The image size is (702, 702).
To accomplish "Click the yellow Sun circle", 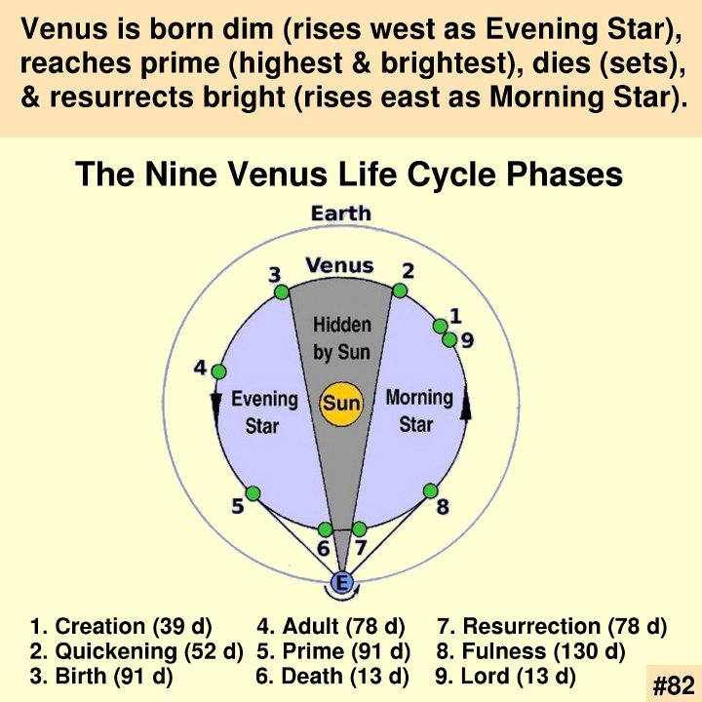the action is pyautogui.click(x=340, y=404).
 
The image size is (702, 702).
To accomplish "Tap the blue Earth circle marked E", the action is pyautogui.click(x=341, y=583).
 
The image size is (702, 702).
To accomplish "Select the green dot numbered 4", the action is pyautogui.click(x=218, y=371).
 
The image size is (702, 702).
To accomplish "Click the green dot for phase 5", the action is pyautogui.click(x=253, y=493).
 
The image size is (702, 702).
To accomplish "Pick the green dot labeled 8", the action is pyautogui.click(x=430, y=491).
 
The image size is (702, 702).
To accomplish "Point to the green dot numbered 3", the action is pyautogui.click(x=282, y=292).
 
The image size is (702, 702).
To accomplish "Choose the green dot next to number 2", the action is pyautogui.click(x=400, y=291).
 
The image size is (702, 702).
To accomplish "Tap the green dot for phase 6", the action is pyautogui.click(x=325, y=529).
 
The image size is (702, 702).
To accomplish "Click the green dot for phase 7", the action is pyautogui.click(x=359, y=528).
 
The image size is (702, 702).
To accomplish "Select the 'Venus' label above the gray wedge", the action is pyautogui.click(x=339, y=265).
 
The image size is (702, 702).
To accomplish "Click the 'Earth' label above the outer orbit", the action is pyautogui.click(x=341, y=214).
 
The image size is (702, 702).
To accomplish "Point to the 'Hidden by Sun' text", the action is pyautogui.click(x=341, y=338).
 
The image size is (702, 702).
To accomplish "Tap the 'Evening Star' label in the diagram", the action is pyautogui.click(x=264, y=412).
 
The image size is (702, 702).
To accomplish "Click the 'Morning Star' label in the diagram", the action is pyautogui.click(x=419, y=411).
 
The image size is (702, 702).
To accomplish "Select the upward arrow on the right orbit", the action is pyautogui.click(x=466, y=405).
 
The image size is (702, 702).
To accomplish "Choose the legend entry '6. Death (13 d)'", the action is pyautogui.click(x=332, y=676).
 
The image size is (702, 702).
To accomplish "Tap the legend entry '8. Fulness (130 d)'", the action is pyautogui.click(x=530, y=651).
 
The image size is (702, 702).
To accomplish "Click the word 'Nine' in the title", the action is pyautogui.click(x=181, y=174).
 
